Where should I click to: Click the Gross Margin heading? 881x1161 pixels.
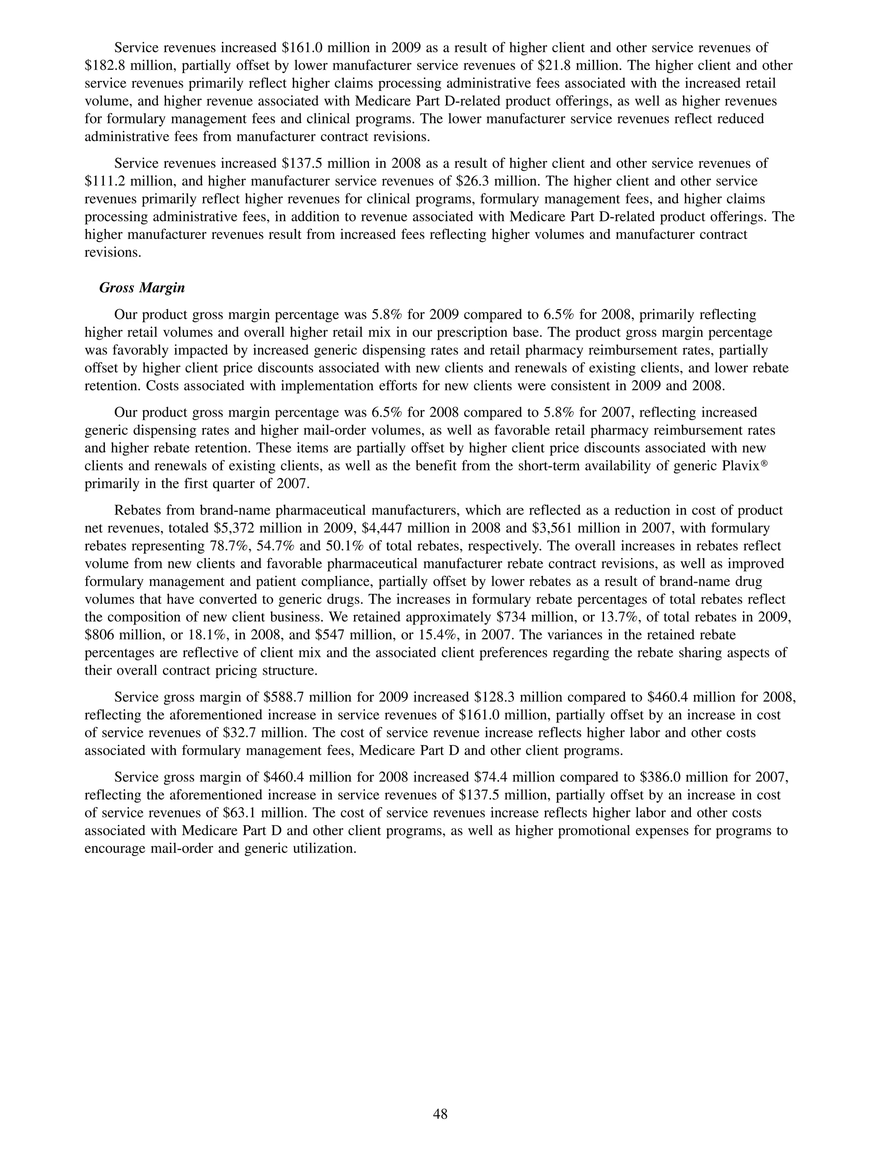pos(142,288)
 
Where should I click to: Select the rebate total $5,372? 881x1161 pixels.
pos(236,528)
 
